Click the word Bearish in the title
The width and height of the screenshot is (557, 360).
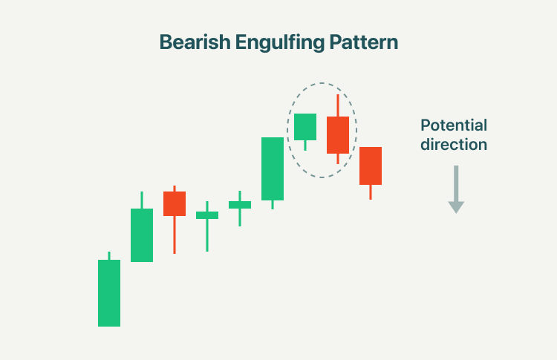pos(195,42)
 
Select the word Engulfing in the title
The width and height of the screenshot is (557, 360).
pos(279,42)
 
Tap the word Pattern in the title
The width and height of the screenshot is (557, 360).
pos(363,42)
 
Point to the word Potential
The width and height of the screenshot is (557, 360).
pos(454,125)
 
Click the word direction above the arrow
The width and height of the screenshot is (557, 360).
pos(454,144)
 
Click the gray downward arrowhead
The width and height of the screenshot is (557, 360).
pos(456,207)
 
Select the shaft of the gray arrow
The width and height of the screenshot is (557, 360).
pos(456,183)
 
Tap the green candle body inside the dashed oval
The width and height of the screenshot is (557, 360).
pos(305,127)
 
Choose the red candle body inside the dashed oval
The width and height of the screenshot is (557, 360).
pos(338,135)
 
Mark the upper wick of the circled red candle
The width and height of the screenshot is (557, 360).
pos(338,105)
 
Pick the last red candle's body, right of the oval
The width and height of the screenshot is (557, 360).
pos(371,166)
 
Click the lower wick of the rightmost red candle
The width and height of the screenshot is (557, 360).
pos(371,192)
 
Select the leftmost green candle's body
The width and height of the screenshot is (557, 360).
pos(109,293)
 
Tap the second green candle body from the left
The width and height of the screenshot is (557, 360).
pos(142,235)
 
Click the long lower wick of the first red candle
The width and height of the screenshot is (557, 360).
pos(175,235)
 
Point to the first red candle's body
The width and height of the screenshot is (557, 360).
pos(175,204)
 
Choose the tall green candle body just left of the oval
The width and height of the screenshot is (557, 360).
pos(273,168)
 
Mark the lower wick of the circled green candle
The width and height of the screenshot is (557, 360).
pos(305,145)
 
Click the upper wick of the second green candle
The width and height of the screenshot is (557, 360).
pos(142,200)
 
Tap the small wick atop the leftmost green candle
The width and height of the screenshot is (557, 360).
pos(109,255)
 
